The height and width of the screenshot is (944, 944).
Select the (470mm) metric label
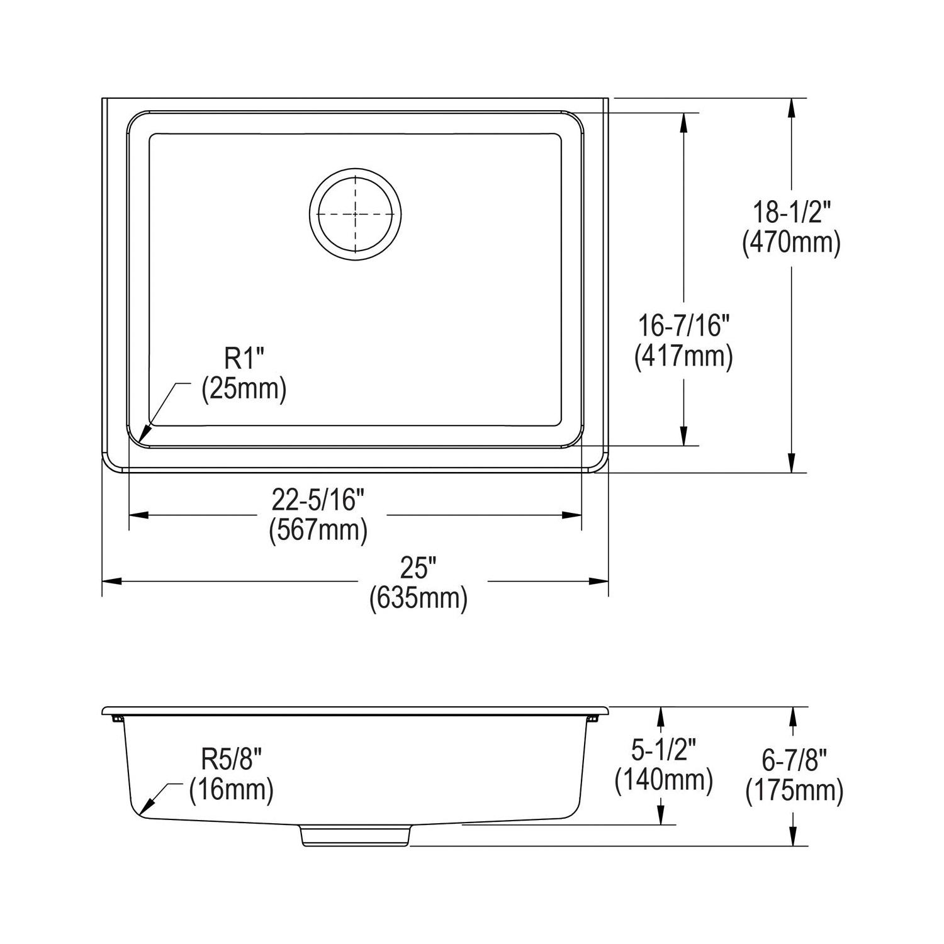[x=792, y=243]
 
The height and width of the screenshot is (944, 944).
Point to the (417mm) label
[x=683, y=356]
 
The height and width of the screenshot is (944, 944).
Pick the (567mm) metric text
[x=318, y=531]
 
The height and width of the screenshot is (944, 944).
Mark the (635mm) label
[x=419, y=598]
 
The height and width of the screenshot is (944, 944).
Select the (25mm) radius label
[x=244, y=389]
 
